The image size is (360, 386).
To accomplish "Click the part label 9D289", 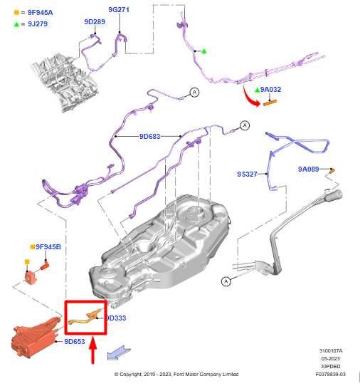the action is [x=95, y=22].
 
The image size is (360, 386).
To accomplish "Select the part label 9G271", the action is [x=119, y=9].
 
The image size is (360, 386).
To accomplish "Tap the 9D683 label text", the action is [x=149, y=136].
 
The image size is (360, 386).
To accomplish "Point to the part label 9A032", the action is [x=270, y=89].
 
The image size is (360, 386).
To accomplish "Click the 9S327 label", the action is [x=247, y=174].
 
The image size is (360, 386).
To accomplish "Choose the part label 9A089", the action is [x=308, y=169].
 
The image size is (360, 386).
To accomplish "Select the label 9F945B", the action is [x=48, y=247].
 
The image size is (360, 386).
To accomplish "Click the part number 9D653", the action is [x=75, y=341].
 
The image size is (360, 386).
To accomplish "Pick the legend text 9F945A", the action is [x=40, y=13].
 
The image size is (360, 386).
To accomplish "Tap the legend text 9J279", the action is [x=38, y=24].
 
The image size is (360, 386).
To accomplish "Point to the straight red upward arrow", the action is [x=92, y=350].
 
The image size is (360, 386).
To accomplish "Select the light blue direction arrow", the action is [x=118, y=353].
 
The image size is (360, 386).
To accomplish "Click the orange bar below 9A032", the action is [x=270, y=103].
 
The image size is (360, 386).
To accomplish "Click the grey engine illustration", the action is [x=65, y=81].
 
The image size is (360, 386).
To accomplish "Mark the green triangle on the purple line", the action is [x=204, y=51].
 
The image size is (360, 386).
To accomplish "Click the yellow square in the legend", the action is [x=16, y=12].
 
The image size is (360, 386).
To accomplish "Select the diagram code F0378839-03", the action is [x=331, y=374].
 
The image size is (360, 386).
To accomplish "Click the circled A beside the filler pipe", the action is [x=226, y=281].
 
